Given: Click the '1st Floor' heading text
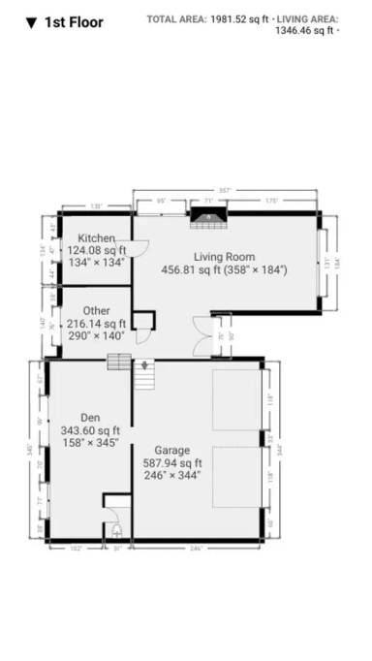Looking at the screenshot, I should click(74, 22).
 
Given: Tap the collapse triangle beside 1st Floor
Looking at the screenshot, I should click(31, 22).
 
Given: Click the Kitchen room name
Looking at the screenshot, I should click(97, 237).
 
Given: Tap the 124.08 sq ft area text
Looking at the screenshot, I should click(97, 249).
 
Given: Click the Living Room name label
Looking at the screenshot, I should click(224, 257).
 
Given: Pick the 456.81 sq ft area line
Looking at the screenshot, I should click(224, 269).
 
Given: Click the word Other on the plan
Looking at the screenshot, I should click(97, 311).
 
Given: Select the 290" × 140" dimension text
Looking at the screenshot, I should click(97, 335).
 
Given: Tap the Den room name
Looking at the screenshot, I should click(90, 418).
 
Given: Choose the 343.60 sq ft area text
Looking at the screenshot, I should click(90, 430).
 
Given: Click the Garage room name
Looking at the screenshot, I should click(171, 450).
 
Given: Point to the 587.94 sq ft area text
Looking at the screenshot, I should click(171, 462).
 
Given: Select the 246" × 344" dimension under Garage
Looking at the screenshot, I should click(171, 475).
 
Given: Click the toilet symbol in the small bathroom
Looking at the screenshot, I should click(117, 530).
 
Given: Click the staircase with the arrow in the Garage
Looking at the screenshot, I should click(143, 374).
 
